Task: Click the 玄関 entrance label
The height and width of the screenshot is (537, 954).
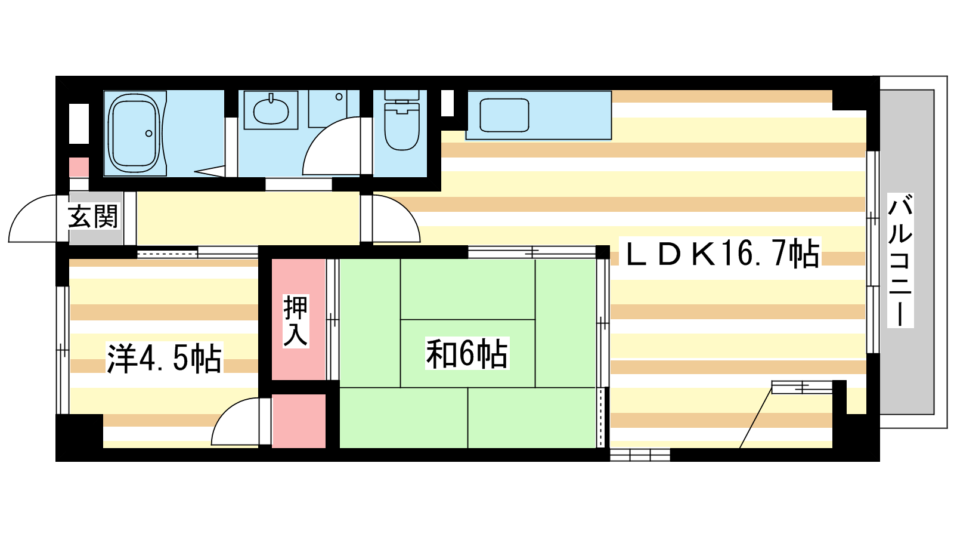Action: [93, 217]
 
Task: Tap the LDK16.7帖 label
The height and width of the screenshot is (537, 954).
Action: [722, 253]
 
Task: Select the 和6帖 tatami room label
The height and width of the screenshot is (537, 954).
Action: [467, 353]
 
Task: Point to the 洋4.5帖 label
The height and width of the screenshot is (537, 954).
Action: [164, 357]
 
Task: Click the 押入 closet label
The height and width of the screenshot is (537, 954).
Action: [296, 320]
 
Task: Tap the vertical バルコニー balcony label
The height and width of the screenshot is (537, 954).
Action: [900, 260]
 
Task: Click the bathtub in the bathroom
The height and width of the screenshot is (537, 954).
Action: [134, 133]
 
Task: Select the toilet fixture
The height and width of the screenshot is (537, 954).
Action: [401, 120]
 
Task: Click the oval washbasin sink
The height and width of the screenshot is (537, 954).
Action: [271, 110]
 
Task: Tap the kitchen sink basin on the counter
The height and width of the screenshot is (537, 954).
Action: [504, 115]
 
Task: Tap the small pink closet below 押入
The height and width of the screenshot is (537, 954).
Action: [299, 421]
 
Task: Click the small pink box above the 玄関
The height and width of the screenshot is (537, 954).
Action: [79, 167]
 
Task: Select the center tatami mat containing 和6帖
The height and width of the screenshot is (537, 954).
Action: [467, 353]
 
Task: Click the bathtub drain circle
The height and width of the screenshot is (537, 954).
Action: [148, 134]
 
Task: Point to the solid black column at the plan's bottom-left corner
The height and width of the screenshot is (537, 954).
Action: [79, 437]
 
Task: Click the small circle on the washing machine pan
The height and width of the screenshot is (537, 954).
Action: [339, 97]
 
